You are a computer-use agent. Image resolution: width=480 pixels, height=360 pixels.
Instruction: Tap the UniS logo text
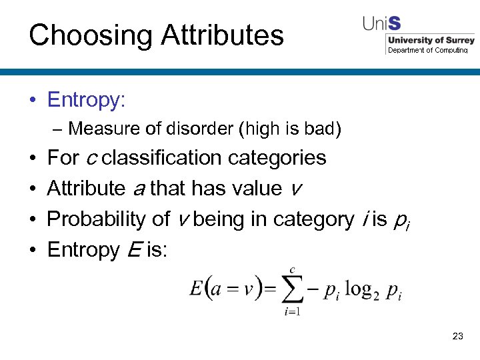tap(382, 23)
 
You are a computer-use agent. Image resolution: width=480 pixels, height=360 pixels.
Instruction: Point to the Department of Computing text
tap(427, 51)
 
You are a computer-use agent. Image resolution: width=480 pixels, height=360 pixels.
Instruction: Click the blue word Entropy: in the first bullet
tap(86, 100)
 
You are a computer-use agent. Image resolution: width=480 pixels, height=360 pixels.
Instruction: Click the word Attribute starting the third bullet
tap(85, 189)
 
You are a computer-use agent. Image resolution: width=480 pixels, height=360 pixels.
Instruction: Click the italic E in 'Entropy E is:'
tap(132, 250)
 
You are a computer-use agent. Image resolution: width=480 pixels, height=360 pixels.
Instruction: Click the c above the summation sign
tap(291, 269)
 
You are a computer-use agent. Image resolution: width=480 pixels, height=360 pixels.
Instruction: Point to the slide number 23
tap(457, 336)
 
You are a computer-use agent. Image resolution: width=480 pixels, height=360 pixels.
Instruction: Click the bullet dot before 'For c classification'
tap(33, 159)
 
